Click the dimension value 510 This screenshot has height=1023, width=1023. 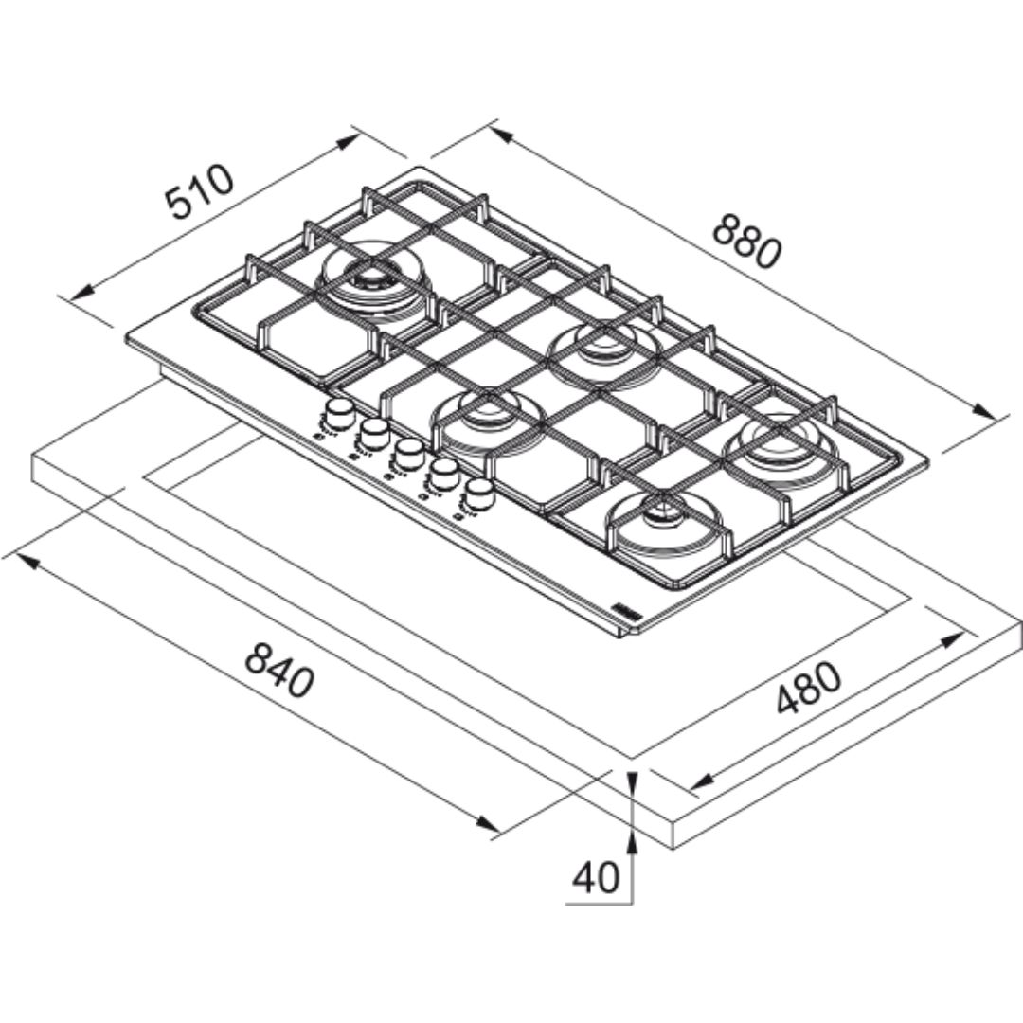(198, 190)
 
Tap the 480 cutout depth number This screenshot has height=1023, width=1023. (808, 687)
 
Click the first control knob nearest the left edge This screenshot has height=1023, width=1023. (337, 415)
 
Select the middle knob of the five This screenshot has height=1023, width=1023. (408, 452)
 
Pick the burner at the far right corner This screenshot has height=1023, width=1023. (780, 440)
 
